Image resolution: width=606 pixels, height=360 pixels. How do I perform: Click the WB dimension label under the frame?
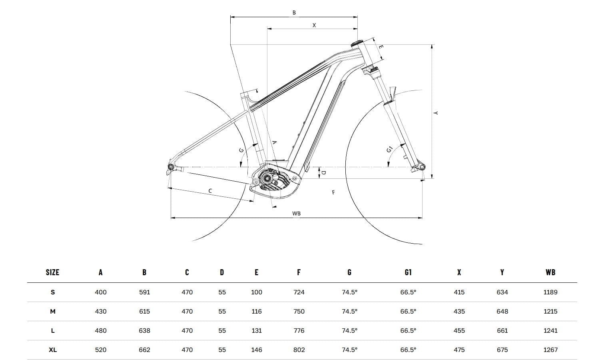(x=296, y=214)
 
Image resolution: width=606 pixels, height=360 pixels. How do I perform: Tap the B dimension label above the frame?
(x=294, y=13)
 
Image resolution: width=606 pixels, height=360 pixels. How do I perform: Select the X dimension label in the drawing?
(x=314, y=25)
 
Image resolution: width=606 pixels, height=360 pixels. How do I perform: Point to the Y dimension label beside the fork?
(x=436, y=113)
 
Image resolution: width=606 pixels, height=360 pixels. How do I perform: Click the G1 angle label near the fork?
(x=390, y=150)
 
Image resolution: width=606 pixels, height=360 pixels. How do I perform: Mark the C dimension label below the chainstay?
(x=210, y=191)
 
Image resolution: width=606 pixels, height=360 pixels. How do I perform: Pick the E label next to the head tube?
(x=381, y=47)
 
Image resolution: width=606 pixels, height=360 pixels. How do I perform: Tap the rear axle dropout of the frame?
(x=171, y=167)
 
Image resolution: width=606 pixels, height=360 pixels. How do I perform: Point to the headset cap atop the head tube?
(x=357, y=43)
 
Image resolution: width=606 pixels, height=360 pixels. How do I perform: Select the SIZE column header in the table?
(x=52, y=272)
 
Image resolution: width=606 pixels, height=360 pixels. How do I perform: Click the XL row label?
(x=53, y=350)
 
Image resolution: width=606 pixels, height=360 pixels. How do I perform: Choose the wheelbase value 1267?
(x=550, y=350)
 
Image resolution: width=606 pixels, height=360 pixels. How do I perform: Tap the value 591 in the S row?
(x=144, y=292)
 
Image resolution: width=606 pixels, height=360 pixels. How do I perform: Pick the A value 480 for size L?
(x=101, y=331)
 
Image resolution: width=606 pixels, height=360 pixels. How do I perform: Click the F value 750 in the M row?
(x=299, y=312)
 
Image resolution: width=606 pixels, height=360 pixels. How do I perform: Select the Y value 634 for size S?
(x=502, y=292)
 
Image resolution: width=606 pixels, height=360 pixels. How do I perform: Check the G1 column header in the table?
(x=408, y=272)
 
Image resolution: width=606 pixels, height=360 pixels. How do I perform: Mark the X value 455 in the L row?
(x=459, y=331)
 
